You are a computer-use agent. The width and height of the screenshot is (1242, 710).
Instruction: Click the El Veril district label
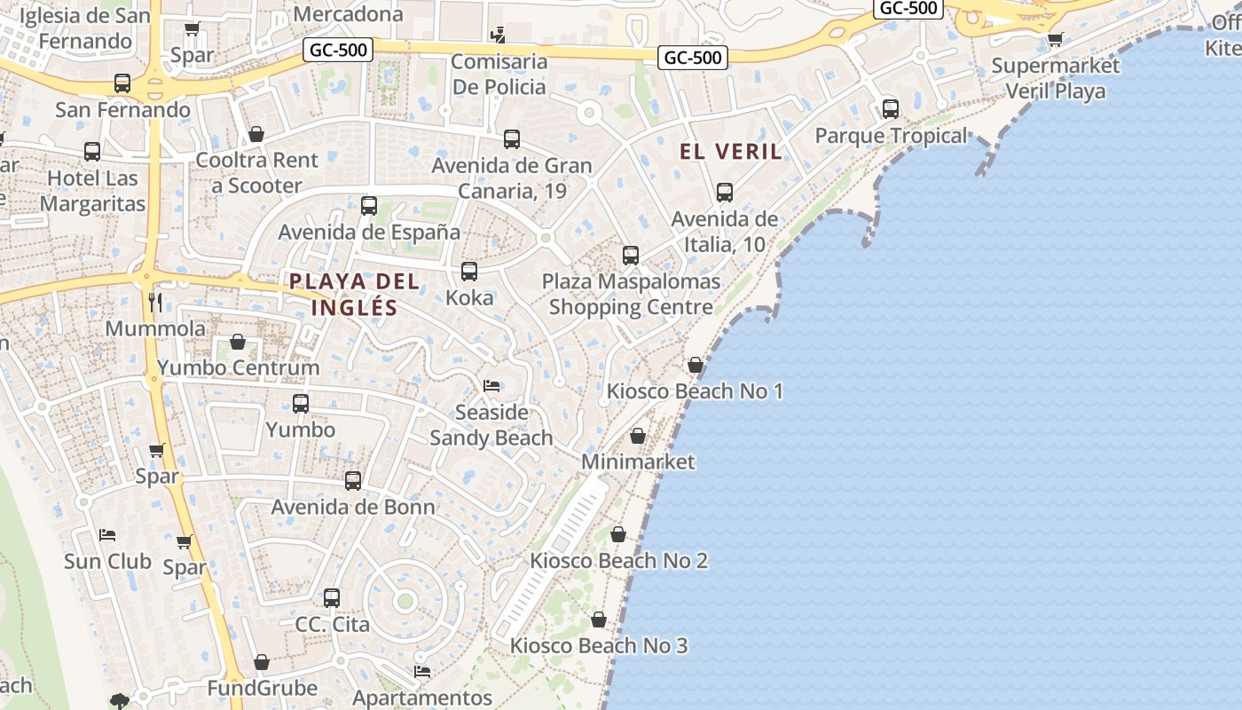coord(731,152)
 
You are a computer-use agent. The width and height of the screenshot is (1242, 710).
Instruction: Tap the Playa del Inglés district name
coord(354,295)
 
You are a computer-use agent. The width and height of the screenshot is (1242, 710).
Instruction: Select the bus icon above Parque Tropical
coord(890,109)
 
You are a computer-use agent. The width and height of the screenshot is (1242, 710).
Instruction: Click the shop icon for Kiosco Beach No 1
coord(696,365)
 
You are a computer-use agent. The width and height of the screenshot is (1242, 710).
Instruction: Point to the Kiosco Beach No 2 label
coord(618,561)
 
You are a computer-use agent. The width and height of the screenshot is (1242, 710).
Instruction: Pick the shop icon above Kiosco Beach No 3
coord(599,619)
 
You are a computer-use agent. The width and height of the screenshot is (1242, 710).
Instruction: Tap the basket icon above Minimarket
coord(637,436)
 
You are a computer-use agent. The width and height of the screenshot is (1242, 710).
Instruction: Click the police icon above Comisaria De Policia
coord(499,35)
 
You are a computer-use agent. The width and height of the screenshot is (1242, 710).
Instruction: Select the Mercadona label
coord(348,14)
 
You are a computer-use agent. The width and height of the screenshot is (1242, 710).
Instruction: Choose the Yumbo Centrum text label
coord(238,367)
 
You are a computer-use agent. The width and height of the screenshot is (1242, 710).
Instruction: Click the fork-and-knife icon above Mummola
coord(155,302)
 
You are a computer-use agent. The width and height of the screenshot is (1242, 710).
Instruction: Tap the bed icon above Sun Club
coord(107,535)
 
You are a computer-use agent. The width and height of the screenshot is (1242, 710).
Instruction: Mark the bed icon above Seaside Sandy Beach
coord(491,385)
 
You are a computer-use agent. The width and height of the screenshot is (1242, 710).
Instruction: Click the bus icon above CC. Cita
coord(332,597)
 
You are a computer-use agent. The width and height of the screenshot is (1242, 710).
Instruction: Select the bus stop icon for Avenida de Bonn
coord(353,481)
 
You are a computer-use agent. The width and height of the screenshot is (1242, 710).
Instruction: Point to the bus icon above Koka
coord(469,271)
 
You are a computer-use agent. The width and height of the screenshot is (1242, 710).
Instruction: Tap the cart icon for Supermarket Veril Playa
coord(1055,39)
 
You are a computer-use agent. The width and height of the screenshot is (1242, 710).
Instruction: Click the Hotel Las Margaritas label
coord(92,191)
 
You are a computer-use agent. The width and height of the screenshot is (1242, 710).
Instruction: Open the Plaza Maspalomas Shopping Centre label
coord(631,295)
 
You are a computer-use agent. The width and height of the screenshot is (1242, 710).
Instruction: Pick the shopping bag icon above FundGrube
coord(261,662)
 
